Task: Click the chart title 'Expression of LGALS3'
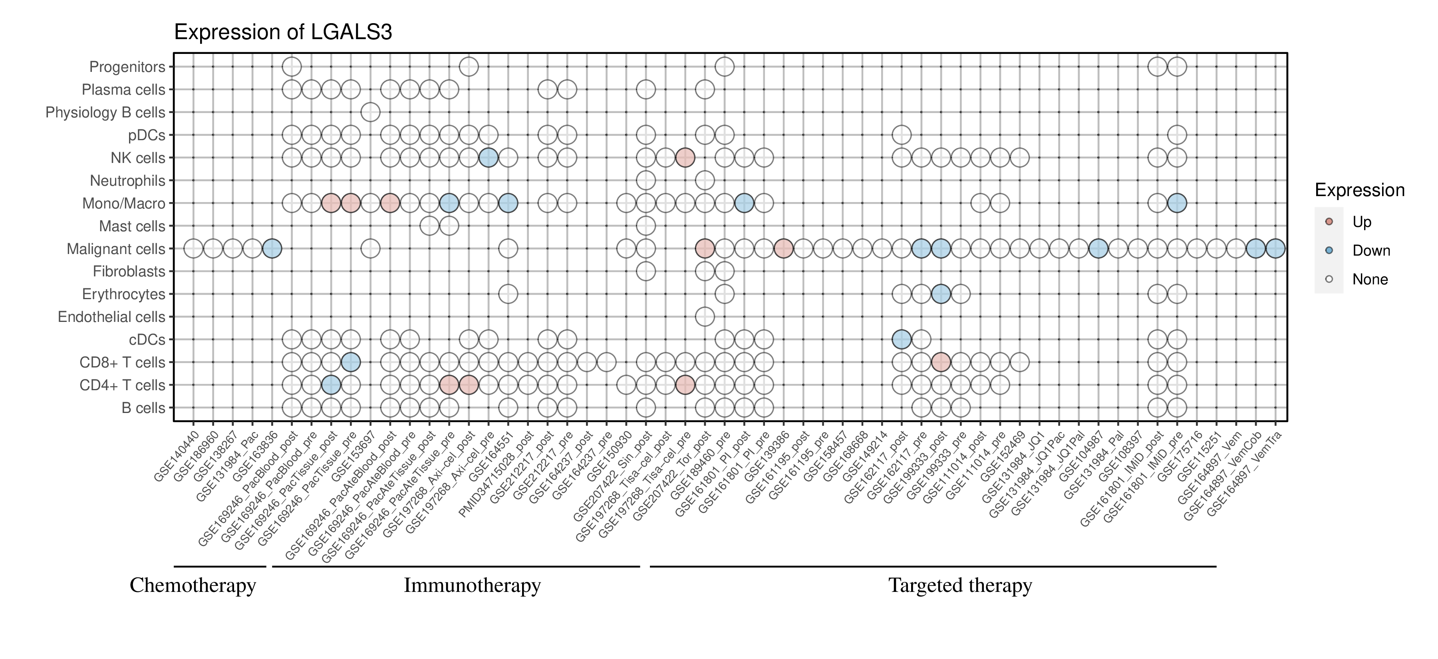coord(283,32)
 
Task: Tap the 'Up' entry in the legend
coord(1362,222)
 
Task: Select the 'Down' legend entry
coord(1370,250)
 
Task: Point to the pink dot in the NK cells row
coord(685,158)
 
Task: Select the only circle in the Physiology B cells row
coord(371,112)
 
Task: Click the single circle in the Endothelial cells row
coord(705,317)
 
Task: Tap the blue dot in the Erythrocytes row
coord(941,294)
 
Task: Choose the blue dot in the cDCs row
coord(902,339)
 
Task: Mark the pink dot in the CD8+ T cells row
coord(941,362)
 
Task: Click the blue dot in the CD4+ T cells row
coord(331,385)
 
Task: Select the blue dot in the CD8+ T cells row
coord(351,362)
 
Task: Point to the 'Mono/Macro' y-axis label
coord(123,204)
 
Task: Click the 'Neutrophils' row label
coord(127,181)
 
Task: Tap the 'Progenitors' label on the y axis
coord(127,67)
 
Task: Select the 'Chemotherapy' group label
coord(193,586)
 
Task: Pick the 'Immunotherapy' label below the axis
coord(472,586)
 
